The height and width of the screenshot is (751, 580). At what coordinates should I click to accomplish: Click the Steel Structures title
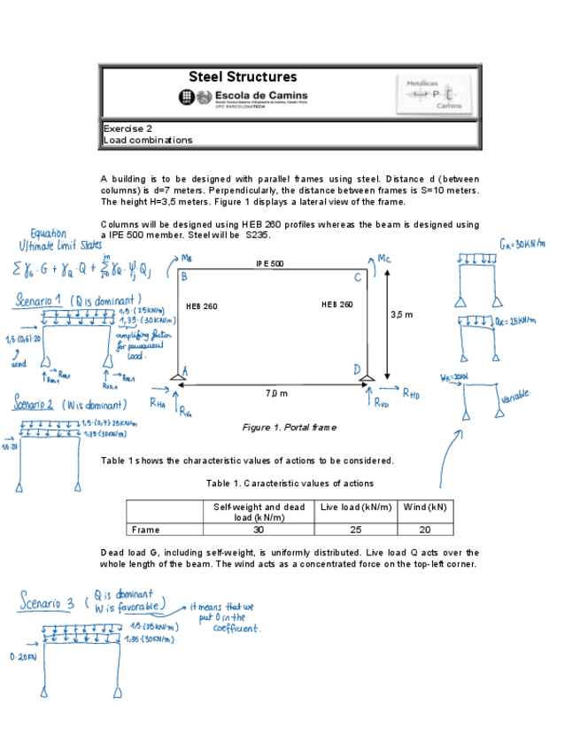243,77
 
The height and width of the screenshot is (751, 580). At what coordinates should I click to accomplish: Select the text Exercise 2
128,128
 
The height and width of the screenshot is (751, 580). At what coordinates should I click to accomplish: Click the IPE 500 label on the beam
269,264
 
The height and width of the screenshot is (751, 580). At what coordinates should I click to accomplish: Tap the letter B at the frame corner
183,276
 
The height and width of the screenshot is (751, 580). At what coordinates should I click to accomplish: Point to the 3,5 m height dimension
401,314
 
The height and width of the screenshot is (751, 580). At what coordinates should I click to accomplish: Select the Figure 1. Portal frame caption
290,428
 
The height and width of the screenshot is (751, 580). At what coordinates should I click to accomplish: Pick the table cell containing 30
259,530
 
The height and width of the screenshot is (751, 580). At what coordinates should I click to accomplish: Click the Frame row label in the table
145,530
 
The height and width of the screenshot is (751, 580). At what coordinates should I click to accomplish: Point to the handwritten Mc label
383,259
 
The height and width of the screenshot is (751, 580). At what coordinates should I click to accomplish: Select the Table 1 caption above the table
290,484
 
